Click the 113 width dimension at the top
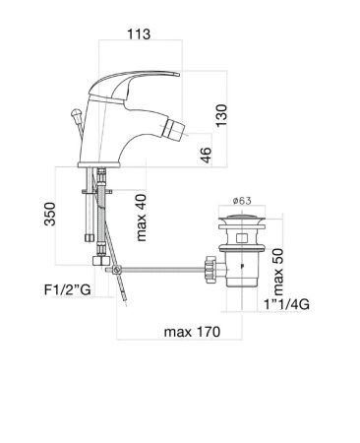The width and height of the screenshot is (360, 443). click(141, 33)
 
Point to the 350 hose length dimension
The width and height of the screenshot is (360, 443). click(50, 216)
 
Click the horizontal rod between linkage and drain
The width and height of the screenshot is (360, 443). click(162, 267)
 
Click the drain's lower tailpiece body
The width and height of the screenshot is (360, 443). click(240, 271)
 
